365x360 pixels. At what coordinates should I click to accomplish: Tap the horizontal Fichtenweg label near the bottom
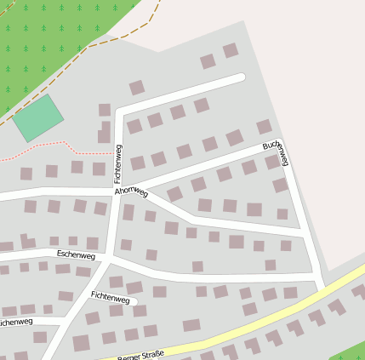click(111, 298)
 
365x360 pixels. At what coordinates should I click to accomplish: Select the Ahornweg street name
click(131, 193)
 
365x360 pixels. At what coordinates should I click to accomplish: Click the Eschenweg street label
click(76, 254)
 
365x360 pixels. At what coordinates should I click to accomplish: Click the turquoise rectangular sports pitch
click(38, 118)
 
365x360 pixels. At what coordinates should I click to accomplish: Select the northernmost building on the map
click(230, 50)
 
